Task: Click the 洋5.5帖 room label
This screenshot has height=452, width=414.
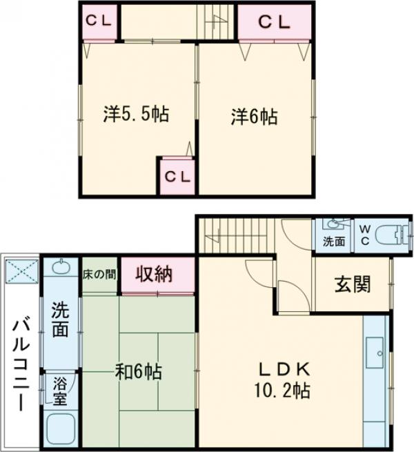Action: coord(137,115)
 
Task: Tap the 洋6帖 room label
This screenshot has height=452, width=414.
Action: coord(254,117)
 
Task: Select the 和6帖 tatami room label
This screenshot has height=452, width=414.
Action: coord(138,372)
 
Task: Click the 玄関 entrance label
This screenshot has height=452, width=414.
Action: coord(353,284)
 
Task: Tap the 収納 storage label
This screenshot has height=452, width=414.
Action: coord(154,275)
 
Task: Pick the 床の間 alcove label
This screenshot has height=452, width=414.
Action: coord(99,274)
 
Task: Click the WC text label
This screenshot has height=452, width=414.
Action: coord(366,235)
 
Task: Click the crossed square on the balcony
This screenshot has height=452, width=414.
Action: coord(22,271)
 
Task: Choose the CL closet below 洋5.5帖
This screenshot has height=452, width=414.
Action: coord(177,177)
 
